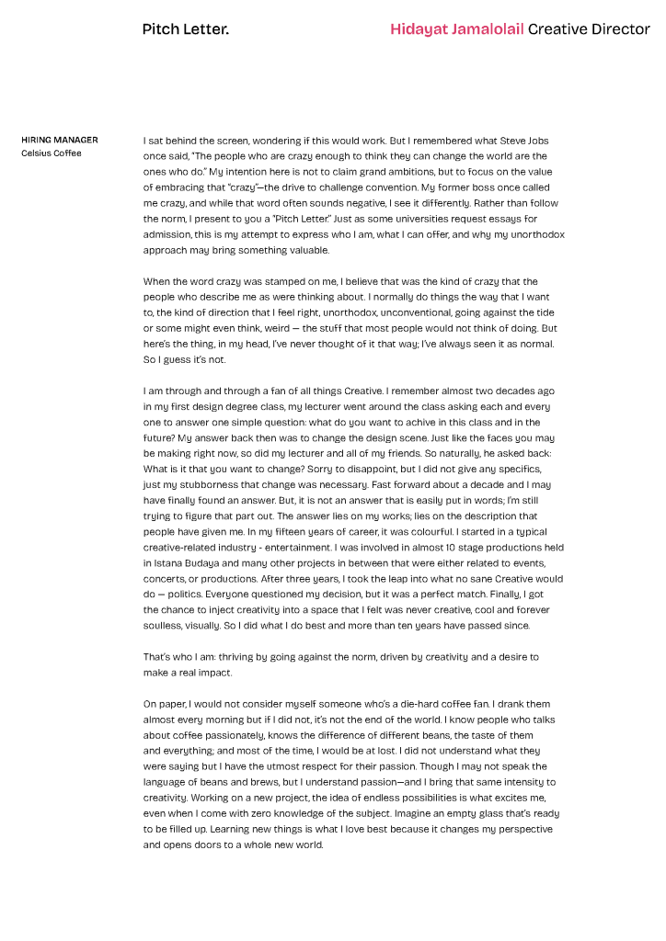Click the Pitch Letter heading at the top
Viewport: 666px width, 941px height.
[x=185, y=29]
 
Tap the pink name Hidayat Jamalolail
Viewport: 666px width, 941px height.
[x=456, y=29]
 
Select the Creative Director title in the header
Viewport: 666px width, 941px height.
[x=589, y=29]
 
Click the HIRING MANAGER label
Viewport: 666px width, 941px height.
[x=60, y=141]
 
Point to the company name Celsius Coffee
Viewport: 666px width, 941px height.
[x=52, y=153]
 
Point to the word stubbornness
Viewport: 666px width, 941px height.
[x=209, y=469]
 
